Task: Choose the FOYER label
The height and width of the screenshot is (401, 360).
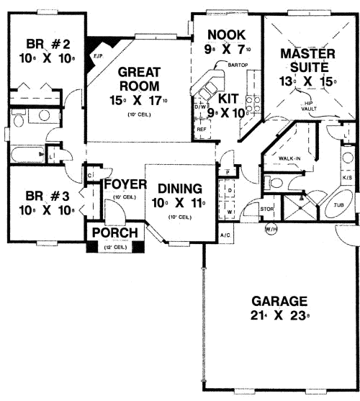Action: coord(125,184)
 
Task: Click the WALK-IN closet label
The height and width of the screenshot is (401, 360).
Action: coord(289,158)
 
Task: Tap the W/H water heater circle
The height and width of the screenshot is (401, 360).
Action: coord(271,229)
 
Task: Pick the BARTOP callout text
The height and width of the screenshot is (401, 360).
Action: coord(237,66)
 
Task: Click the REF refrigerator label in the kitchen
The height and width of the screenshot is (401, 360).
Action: coord(202,130)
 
